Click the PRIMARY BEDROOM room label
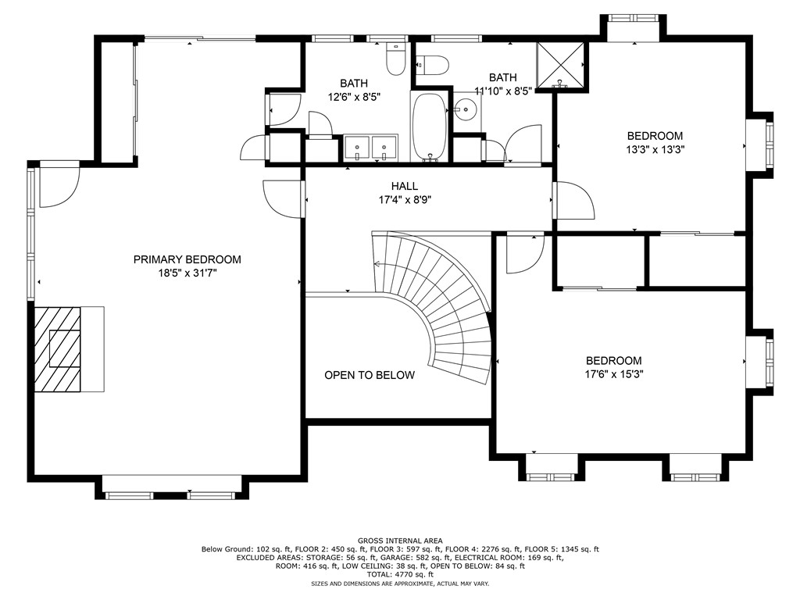point(187,259)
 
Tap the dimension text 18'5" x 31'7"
point(187,273)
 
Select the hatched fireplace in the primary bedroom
point(57,348)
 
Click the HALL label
point(405,186)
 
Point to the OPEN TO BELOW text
point(370,375)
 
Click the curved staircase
point(445,305)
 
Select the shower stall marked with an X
point(561,66)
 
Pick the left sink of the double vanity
point(357,145)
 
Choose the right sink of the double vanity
point(384,145)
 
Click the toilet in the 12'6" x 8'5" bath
point(396,61)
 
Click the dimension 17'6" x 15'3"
point(614,374)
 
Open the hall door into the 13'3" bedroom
point(573,202)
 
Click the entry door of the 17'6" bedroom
point(524,252)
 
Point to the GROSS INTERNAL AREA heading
point(400,541)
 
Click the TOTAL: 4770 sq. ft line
point(400,574)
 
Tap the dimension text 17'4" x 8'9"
point(405,199)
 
